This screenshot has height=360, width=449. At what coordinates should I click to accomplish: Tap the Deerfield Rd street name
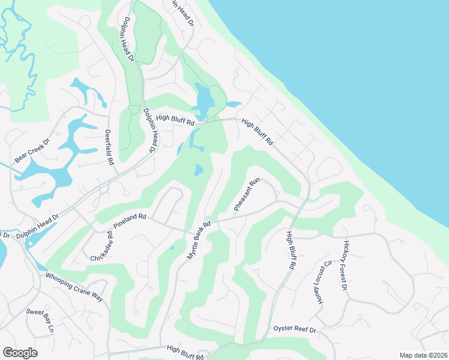pyautogui.click(x=109, y=147)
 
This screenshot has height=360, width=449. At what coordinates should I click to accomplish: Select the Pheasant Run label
pyautogui.click(x=246, y=194)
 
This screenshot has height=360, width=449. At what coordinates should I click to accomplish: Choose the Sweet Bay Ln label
pyautogui.click(x=40, y=320)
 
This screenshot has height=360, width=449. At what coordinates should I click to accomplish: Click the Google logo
pyautogui.click(x=20, y=353)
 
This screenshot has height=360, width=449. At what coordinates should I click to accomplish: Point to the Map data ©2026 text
pyautogui.click(x=423, y=355)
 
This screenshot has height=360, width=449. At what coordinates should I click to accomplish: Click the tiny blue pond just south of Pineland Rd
pyautogui.click(x=172, y=247)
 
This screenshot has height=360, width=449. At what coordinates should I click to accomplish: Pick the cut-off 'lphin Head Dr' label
pyautogui.click(x=182, y=12)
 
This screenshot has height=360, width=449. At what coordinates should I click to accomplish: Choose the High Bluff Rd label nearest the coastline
pyautogui.click(x=258, y=132)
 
